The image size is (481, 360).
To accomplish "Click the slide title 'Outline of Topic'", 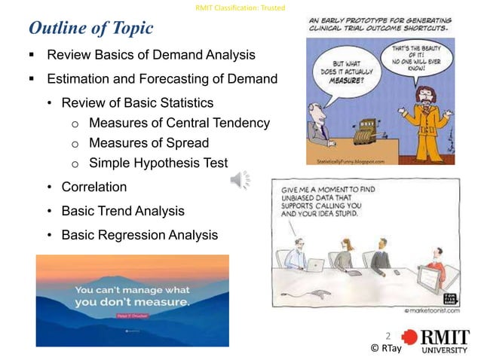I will (90, 29).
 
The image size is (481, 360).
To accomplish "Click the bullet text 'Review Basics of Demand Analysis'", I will (151, 56).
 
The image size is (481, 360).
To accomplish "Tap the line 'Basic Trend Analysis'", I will (122, 211).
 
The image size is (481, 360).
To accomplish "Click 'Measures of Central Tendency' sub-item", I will (179, 123).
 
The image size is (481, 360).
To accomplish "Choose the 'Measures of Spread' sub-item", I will (149, 142).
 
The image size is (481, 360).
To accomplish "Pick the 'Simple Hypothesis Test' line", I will (158, 162).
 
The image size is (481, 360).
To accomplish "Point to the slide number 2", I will (388, 335).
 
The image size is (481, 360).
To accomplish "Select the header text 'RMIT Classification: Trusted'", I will (240, 8).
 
